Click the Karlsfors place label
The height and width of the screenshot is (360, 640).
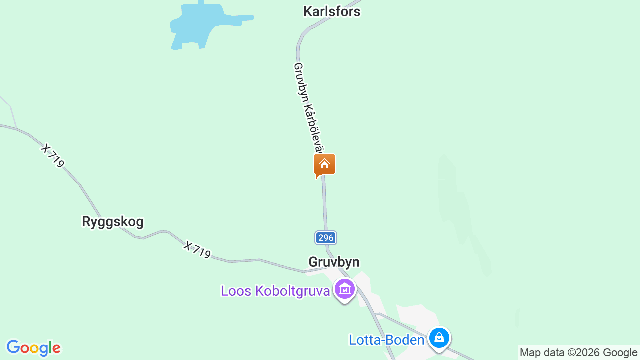[332, 11]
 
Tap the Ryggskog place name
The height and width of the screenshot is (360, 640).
[113, 221]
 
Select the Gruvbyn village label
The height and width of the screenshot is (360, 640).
[334, 262]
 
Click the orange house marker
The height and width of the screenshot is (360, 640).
[324, 164]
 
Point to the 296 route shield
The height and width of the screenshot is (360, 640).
[326, 238]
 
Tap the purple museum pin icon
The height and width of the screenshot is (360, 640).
[345, 289]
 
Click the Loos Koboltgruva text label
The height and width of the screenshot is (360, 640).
[275, 291]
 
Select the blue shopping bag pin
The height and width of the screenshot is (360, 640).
[439, 338]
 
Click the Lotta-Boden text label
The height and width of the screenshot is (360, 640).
[386, 340]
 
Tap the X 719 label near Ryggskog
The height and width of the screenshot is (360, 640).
[53, 156]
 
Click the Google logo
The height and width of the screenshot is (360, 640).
[33, 348]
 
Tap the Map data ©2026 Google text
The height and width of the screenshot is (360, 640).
[578, 352]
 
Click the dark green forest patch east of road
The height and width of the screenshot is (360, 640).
[457, 210]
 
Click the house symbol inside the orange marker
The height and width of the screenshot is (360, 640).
[324, 163]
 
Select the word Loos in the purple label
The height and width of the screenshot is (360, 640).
[236, 291]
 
